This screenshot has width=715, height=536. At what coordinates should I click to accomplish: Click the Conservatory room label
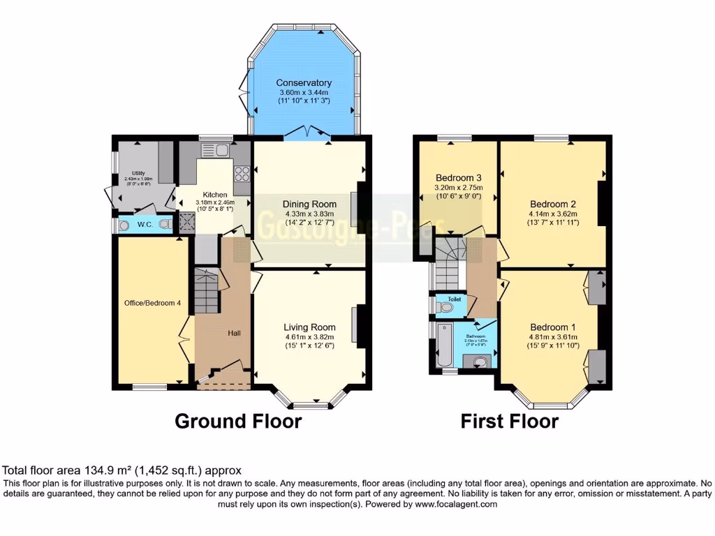click(x=303, y=83)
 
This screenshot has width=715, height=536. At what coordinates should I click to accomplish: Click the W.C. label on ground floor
click(x=145, y=225)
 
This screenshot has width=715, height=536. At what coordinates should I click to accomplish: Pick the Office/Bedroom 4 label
click(x=152, y=303)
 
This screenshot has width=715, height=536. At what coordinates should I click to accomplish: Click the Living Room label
click(x=309, y=327)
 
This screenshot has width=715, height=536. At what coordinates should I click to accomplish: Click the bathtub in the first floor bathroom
click(x=443, y=344)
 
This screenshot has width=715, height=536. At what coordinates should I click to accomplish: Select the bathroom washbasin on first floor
click(x=479, y=362)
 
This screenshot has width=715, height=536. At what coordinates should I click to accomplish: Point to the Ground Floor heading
click(x=237, y=421)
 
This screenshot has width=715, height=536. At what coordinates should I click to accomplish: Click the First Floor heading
click(x=509, y=421)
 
